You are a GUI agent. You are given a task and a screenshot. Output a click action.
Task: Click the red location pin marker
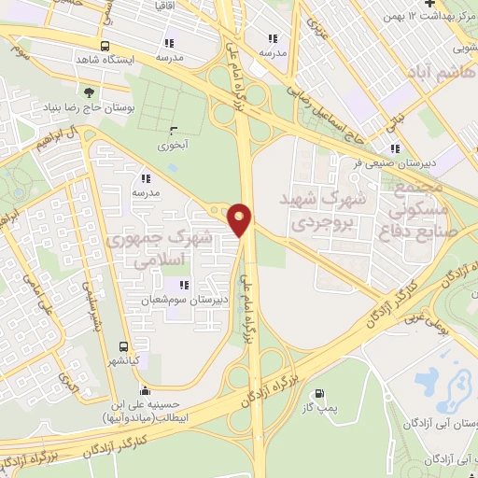(x=241, y=218)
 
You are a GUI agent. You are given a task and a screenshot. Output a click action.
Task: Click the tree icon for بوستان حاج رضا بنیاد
(x=89, y=91)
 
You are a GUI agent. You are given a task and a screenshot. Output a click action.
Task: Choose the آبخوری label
(x=174, y=146)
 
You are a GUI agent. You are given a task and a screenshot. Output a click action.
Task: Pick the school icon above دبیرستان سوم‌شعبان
(x=183, y=285)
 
